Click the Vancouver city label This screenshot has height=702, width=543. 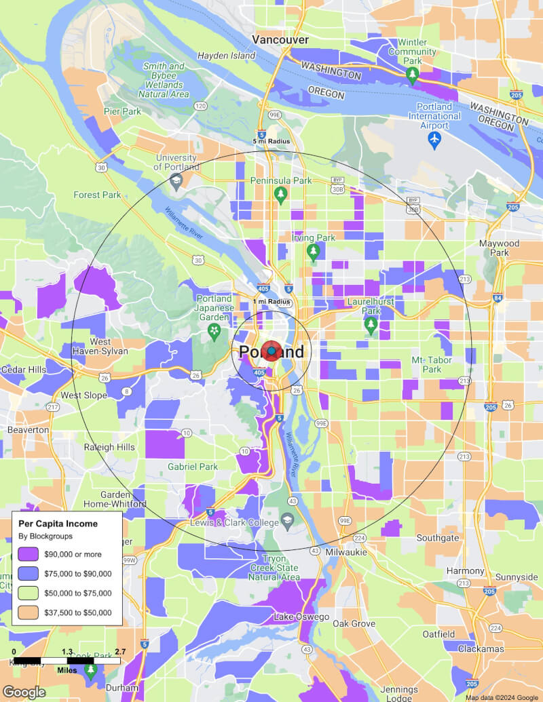[280, 40]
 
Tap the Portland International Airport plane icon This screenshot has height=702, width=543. [435, 139]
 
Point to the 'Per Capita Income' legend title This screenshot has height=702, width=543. [58, 524]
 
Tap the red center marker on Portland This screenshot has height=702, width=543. [271, 351]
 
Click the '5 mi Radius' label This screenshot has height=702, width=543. [271, 141]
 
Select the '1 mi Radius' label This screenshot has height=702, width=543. [271, 301]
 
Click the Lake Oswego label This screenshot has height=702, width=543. [301, 617]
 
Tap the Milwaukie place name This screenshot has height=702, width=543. [345, 552]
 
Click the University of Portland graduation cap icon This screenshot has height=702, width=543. [176, 180]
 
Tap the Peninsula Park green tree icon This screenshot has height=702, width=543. [280, 195]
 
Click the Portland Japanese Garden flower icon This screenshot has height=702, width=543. [214, 330]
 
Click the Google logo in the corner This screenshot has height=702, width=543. [24, 692]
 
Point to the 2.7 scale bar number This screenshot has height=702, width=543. [120, 652]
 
